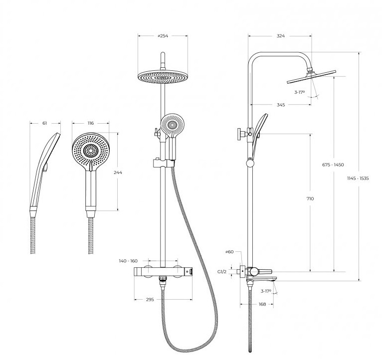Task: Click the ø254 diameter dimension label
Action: click(x=163, y=36)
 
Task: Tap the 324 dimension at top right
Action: click(x=281, y=36)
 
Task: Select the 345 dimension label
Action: click(x=281, y=105)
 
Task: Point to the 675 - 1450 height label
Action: click(x=333, y=165)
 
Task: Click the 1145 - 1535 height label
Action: click(x=358, y=178)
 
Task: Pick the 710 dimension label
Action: click(x=310, y=198)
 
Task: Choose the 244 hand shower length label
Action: click(x=118, y=173)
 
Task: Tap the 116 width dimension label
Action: click(x=90, y=123)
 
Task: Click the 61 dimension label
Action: click(x=44, y=123)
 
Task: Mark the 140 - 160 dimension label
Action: click(x=128, y=261)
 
